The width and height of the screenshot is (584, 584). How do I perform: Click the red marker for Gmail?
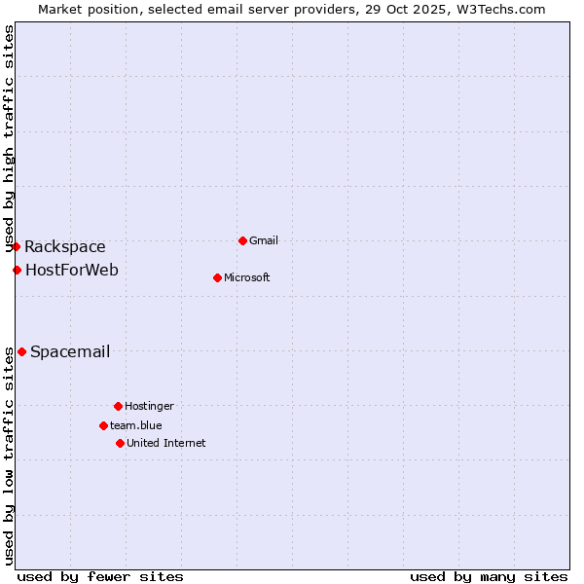pyautogui.click(x=242, y=240)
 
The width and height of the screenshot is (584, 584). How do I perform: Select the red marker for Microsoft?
pyautogui.click(x=217, y=277)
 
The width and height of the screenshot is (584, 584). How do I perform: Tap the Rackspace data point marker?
pyautogui.click(x=16, y=247)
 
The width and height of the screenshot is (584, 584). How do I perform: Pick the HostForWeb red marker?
pyautogui.click(x=17, y=270)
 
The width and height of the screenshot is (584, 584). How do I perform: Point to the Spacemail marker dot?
pyautogui.click(x=21, y=351)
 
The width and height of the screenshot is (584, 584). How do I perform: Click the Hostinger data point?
pyautogui.click(x=118, y=406)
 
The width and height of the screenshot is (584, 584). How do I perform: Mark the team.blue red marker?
pyautogui.click(x=103, y=425)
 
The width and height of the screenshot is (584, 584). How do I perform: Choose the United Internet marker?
pyautogui.click(x=120, y=443)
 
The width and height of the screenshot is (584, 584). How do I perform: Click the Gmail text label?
pyautogui.click(x=264, y=240)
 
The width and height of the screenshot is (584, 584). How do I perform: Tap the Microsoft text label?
pyautogui.click(x=246, y=277)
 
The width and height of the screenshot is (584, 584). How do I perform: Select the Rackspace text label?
pyautogui.click(x=65, y=247)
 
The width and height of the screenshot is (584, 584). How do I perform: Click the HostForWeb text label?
pyautogui.click(x=71, y=270)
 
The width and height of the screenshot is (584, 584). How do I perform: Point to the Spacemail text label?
pyautogui.click(x=70, y=351)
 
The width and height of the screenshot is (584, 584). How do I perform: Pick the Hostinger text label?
pyautogui.click(x=149, y=406)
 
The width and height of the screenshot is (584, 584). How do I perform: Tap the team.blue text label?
pyautogui.click(x=135, y=425)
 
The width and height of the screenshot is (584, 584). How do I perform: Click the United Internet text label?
pyautogui.click(x=165, y=443)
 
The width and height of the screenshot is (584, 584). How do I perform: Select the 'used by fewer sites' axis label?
pyautogui.click(x=100, y=576)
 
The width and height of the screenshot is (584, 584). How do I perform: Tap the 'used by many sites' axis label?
pyautogui.click(x=489, y=576)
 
